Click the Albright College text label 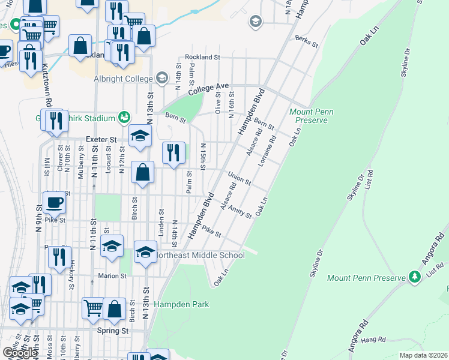click(x=122, y=78)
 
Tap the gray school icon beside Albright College click(x=161, y=78)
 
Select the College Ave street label click(x=208, y=90)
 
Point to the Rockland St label click(x=203, y=57)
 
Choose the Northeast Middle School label click(x=200, y=255)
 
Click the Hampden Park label click(x=181, y=304)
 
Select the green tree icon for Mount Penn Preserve click(x=414, y=277)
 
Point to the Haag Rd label click(x=373, y=340)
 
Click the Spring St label click(x=113, y=330)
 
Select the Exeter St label click(x=100, y=139)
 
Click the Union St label click(x=239, y=178)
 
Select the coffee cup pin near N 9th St click(x=54, y=202)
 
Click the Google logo click(x=20, y=352)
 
